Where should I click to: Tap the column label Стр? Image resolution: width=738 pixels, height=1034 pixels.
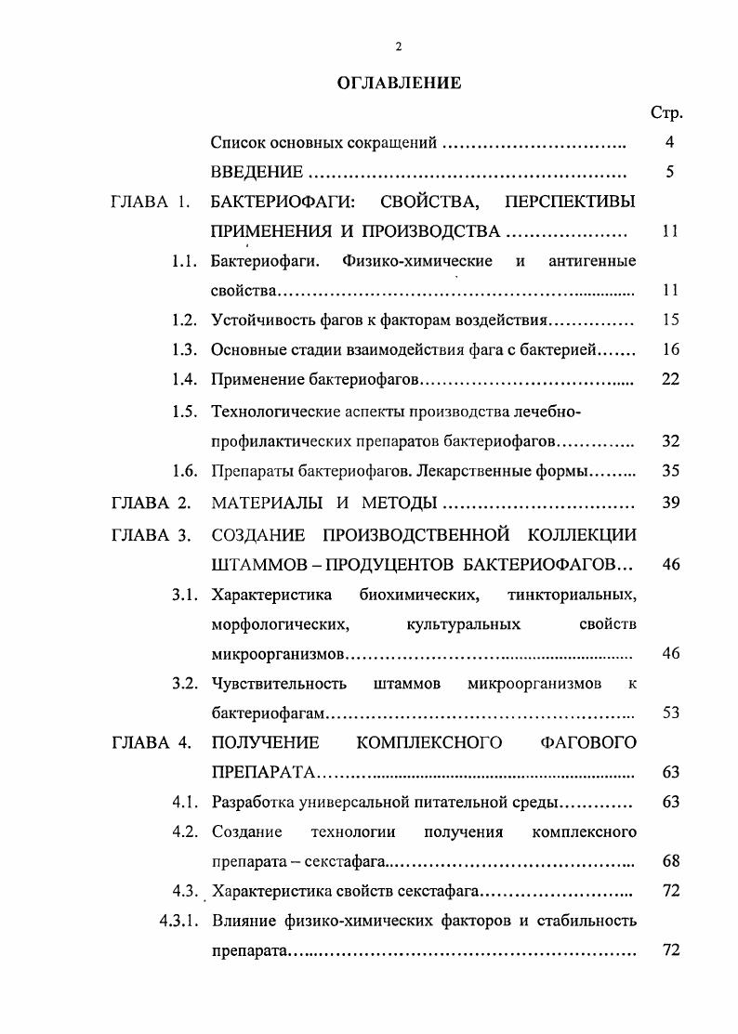coord(666,113)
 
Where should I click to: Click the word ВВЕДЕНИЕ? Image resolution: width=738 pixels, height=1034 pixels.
coord(257,173)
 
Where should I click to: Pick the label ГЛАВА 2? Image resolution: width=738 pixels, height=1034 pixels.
coord(151,504)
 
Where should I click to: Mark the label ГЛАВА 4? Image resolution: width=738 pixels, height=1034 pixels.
coord(151,742)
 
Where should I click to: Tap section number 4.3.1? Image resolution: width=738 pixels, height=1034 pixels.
coord(177,922)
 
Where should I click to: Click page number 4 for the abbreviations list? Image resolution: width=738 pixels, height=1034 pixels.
coord(669,143)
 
